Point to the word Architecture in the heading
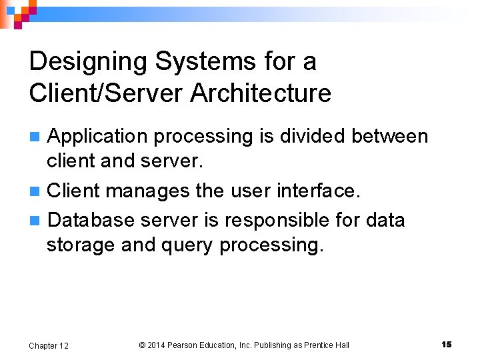260,93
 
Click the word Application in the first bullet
98,137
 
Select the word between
390,137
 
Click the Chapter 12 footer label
49,345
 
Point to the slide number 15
446,344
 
